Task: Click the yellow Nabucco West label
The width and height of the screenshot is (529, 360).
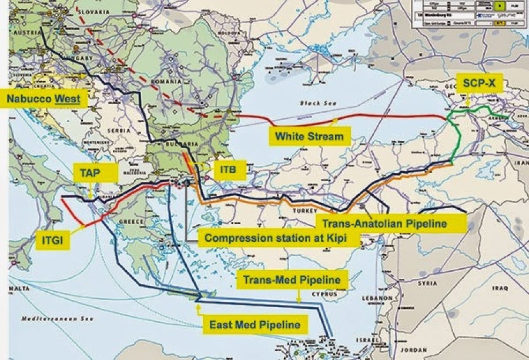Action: (46, 98)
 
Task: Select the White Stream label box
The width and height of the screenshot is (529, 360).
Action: (309, 136)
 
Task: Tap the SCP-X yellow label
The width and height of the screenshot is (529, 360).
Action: (479, 84)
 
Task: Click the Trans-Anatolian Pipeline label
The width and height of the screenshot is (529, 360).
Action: (390, 224)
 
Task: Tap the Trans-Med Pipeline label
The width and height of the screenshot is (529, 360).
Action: (292, 279)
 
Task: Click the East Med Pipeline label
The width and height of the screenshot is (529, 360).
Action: (255, 324)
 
